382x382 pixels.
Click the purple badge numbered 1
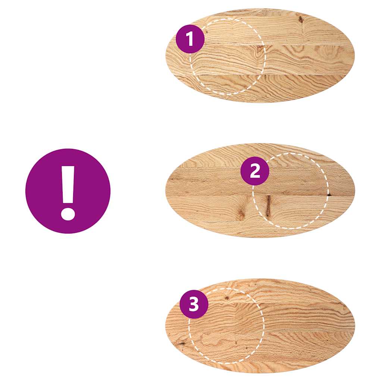[x=190, y=39]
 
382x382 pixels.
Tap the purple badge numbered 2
[x=255, y=171]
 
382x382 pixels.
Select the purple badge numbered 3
[x=194, y=304]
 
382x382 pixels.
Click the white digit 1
[x=190, y=39]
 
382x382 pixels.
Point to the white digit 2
[x=255, y=171]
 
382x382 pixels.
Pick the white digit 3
[x=194, y=304]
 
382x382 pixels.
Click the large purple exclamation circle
[x=68, y=191]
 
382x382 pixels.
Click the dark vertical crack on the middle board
[x=268, y=206]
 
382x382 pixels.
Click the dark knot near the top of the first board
[x=300, y=19]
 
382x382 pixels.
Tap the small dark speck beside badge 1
[x=206, y=33]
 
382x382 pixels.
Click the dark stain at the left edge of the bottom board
[x=181, y=342]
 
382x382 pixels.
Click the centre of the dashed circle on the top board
[x=228, y=57]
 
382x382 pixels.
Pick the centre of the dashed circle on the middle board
[x=291, y=191]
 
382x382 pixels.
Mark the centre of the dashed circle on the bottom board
[x=226, y=326]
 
